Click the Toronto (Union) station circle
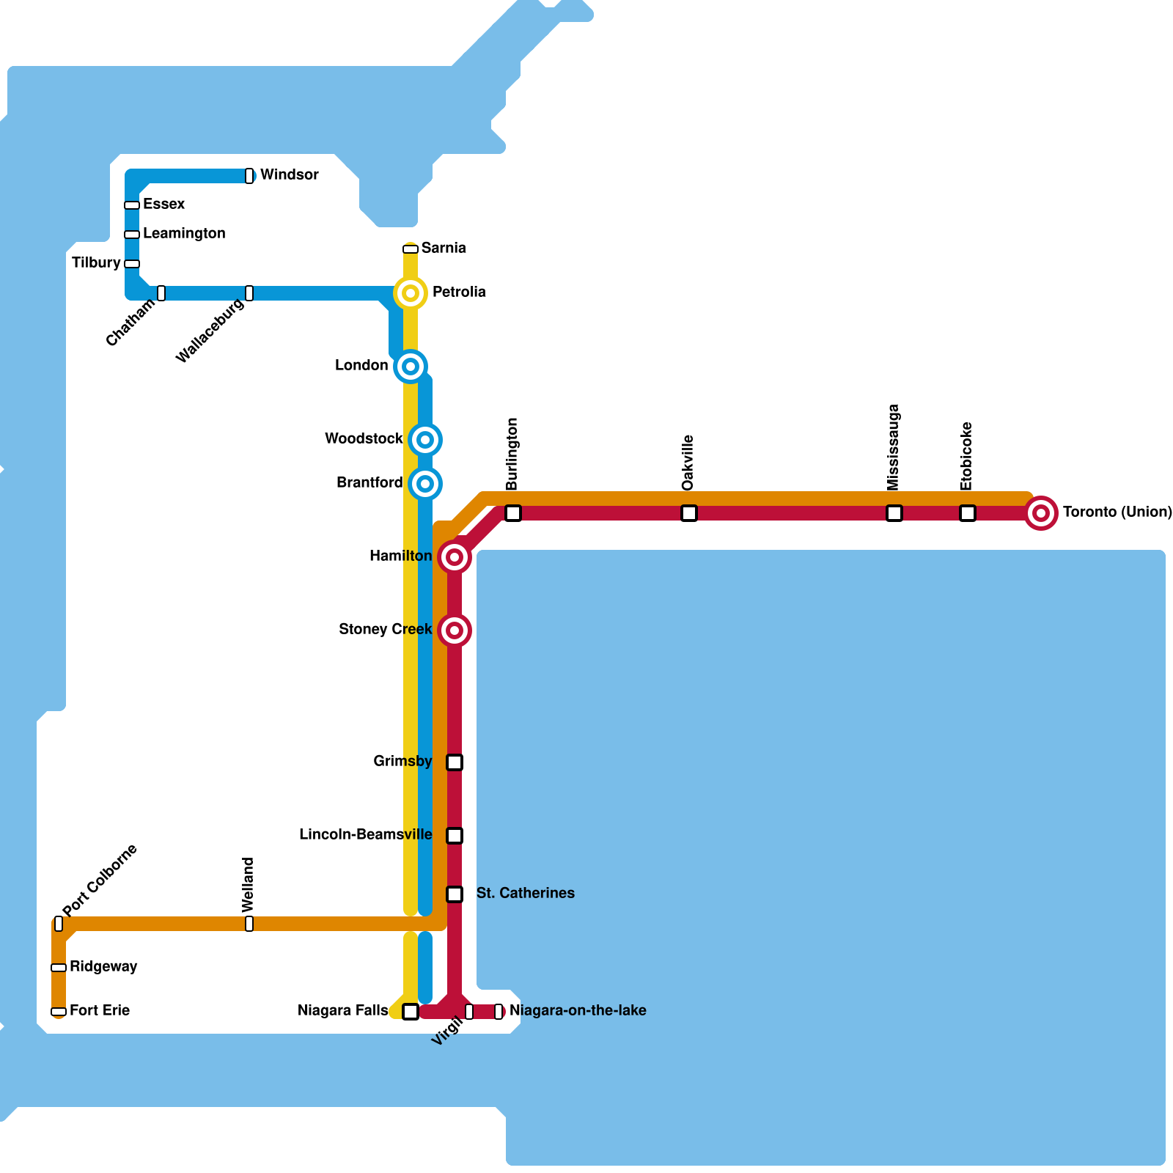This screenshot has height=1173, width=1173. (x=1041, y=513)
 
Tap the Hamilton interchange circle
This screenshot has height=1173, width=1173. (x=455, y=557)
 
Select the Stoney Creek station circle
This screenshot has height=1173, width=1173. (x=455, y=630)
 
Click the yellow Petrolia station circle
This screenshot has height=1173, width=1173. (x=411, y=293)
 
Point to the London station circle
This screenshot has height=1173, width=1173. (x=411, y=367)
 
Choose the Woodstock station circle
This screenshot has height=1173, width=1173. (x=425, y=440)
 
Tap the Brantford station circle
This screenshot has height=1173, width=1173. (x=425, y=484)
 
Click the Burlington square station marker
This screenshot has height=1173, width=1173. (x=513, y=513)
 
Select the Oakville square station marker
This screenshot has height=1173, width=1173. (x=689, y=513)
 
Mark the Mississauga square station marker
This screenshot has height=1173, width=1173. (x=894, y=513)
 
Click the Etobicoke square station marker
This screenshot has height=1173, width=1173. (x=968, y=513)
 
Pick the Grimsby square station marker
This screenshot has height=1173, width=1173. (x=455, y=762)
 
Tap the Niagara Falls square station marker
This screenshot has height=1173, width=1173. (x=411, y=1012)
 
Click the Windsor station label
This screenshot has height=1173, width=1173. (x=289, y=175)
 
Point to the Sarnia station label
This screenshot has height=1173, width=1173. (x=444, y=249)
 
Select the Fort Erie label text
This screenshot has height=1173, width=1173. (x=100, y=1011)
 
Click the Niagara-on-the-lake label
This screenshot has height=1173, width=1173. (x=578, y=1011)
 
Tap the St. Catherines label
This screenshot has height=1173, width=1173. (x=525, y=894)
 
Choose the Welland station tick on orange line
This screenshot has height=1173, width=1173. (x=249, y=924)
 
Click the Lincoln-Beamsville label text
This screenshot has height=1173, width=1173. (x=365, y=835)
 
